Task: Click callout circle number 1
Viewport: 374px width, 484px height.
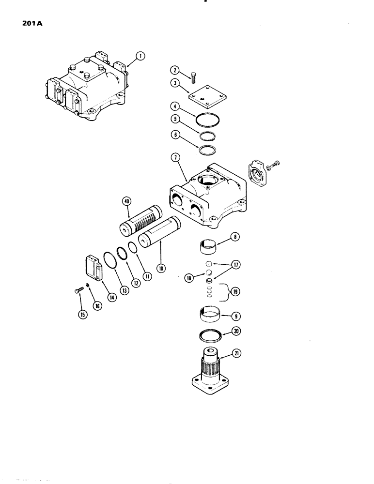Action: pos(140,57)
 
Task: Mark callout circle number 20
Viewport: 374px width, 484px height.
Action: pos(237,332)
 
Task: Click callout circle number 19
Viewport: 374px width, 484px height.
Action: pos(236,292)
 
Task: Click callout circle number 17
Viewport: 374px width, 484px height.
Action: pos(236,265)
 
